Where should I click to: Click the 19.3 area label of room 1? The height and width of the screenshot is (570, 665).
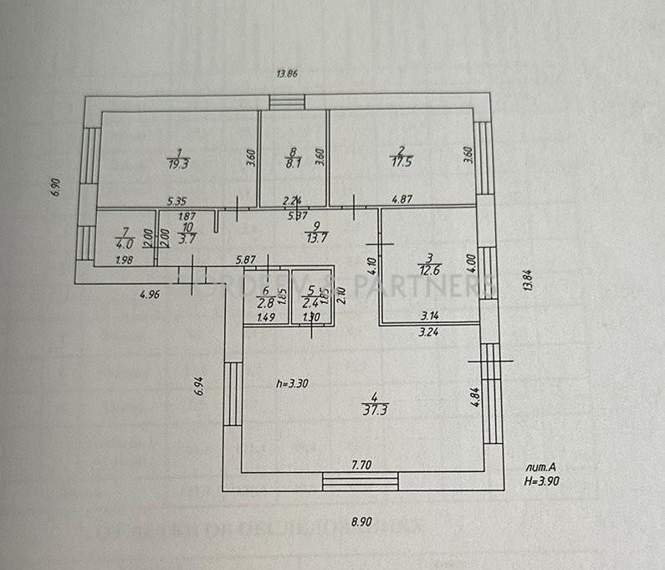[x=177, y=165]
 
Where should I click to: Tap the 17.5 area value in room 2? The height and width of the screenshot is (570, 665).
[x=403, y=165]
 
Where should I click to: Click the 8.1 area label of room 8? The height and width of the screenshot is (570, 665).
[x=292, y=165]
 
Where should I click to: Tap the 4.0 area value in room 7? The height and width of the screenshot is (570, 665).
[x=125, y=244]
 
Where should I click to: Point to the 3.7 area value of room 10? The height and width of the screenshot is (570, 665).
[x=187, y=239]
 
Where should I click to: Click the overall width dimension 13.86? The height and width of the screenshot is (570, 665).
[x=287, y=74]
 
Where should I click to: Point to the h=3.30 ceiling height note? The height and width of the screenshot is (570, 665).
[x=292, y=383]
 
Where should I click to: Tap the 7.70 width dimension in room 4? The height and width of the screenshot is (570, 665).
[x=361, y=463]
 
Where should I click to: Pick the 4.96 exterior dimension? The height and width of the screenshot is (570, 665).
[x=150, y=294]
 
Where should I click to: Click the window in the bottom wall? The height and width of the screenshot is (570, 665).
[x=361, y=480]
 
